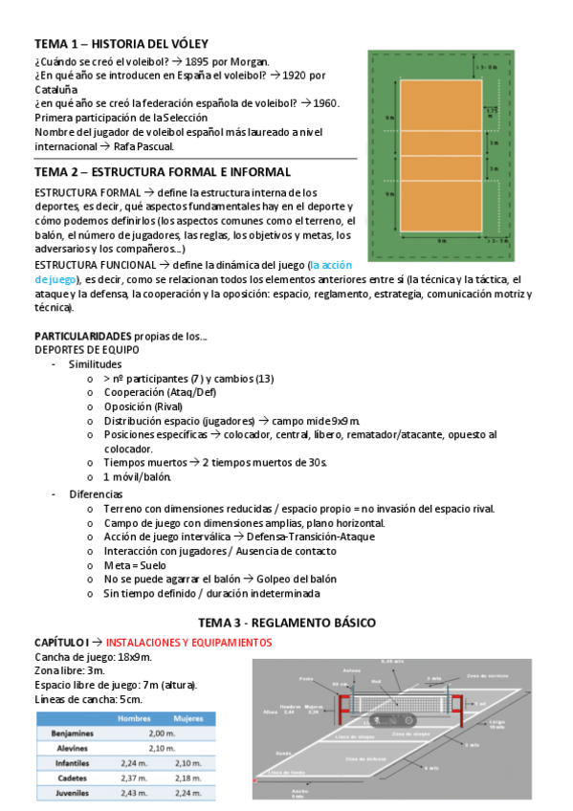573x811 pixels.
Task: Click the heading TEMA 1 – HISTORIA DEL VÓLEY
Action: [121, 44]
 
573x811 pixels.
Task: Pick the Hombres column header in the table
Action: [134, 717]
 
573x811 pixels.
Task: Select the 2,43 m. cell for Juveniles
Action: [134, 793]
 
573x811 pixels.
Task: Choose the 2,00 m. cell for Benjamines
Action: [162, 733]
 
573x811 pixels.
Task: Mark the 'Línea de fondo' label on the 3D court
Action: [285, 771]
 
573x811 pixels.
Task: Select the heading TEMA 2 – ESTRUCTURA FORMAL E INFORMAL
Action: [162, 172]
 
